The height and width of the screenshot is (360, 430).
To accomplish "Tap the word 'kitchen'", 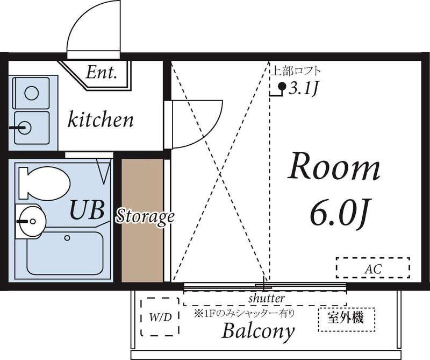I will pyautogui.click(x=101, y=119).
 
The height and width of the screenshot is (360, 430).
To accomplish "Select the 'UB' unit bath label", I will pyautogui.click(x=85, y=210).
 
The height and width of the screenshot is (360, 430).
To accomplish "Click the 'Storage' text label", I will pyautogui.click(x=146, y=216).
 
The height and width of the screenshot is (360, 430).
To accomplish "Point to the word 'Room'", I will pyautogui.click(x=334, y=167).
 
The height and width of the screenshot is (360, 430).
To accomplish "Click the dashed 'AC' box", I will pyautogui.click(x=373, y=267).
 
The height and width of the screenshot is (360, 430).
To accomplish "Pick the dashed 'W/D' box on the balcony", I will pyautogui.click(x=160, y=317).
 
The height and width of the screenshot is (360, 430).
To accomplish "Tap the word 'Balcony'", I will pyautogui.click(x=259, y=330).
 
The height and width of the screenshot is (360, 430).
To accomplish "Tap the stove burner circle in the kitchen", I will pyautogui.click(x=32, y=93).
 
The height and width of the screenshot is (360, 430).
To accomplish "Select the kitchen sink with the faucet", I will pyautogui.click(x=32, y=128).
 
